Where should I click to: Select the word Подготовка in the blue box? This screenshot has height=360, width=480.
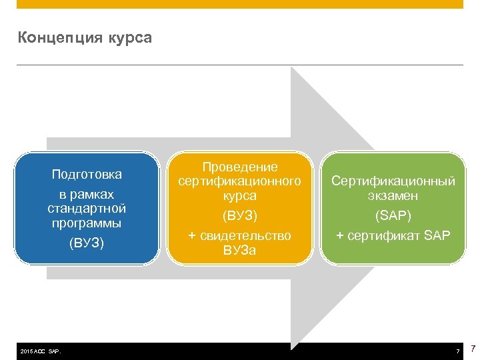[x=87, y=175]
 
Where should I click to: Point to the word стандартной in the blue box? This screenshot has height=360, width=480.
[x=87, y=209]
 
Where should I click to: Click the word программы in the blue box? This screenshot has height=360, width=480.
[x=87, y=223]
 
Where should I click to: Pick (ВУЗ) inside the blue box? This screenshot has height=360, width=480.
[x=87, y=243]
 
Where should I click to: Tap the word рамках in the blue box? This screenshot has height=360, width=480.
[x=95, y=195]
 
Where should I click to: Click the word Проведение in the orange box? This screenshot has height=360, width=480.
[x=240, y=167]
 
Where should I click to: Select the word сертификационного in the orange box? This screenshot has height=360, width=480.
[x=240, y=181]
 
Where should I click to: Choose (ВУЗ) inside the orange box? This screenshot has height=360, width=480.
[x=240, y=215]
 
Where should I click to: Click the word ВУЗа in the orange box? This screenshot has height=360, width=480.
[x=240, y=251]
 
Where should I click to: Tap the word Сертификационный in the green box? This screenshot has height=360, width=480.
[x=393, y=181]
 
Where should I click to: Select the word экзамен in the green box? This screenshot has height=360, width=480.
[x=393, y=196]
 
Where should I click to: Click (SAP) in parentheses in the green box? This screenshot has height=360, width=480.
[x=393, y=216]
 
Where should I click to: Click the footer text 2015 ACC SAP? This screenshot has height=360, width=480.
[x=41, y=351]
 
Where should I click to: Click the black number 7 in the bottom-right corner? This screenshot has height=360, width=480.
[x=473, y=349]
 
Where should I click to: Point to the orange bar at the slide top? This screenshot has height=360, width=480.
[x=240, y=4]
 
